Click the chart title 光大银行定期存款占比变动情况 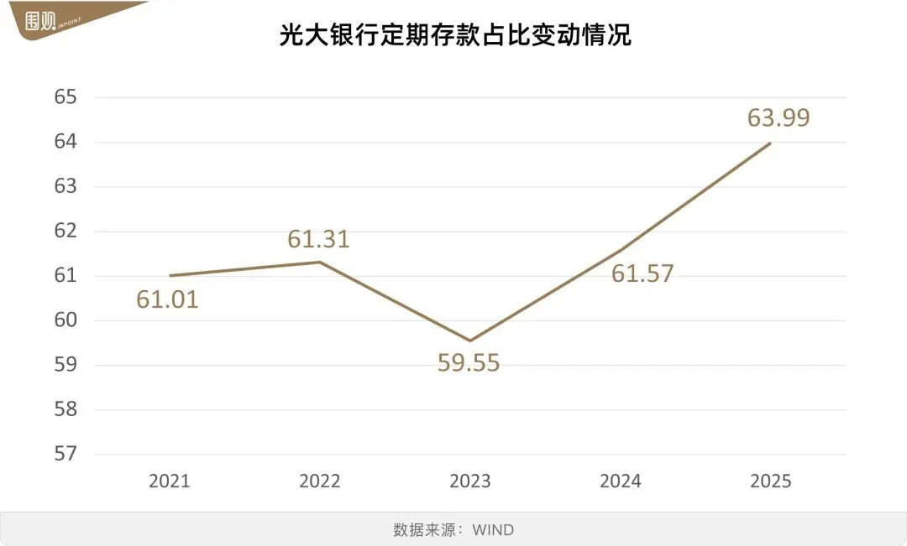pos(454,36)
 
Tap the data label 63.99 pos(779,117)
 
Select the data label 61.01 pos(167,299)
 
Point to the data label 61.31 pos(318,239)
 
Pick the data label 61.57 pos(642,273)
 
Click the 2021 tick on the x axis pos(169,481)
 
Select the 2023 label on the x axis pos(469,481)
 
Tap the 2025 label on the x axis pos(770,481)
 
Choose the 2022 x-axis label pos(319,481)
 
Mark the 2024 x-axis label pos(620,481)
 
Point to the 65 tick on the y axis pos(65,97)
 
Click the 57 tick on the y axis pos(65,454)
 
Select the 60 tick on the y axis pos(65,320)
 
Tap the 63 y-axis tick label pos(65,186)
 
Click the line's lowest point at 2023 pos(469,341)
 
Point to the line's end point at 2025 pos(770,143)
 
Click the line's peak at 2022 pos(319,262)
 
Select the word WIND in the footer pos(493,530)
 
